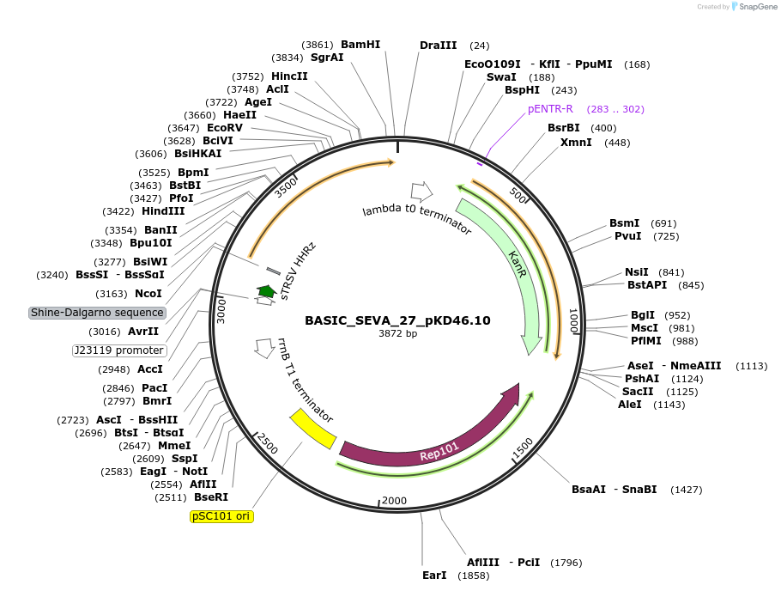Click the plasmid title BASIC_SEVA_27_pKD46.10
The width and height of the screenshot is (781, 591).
pyautogui.click(x=397, y=320)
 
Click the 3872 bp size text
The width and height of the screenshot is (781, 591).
pyautogui.click(x=397, y=334)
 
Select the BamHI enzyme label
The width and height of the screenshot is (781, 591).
pyautogui.click(x=360, y=45)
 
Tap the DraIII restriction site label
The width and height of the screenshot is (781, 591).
pyautogui.click(x=438, y=45)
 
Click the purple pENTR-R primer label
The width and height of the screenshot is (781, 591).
pyautogui.click(x=550, y=109)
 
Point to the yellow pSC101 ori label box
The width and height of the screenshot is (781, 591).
pyautogui.click(x=221, y=516)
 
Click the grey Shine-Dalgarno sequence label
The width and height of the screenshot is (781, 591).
pyautogui.click(x=97, y=313)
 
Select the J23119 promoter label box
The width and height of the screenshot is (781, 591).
pyautogui.click(x=118, y=350)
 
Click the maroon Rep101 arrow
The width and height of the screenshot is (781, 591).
pyautogui.click(x=429, y=438)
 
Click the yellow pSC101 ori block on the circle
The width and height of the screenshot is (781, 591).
pyautogui.click(x=312, y=427)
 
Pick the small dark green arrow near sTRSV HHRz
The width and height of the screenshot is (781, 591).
pyautogui.click(x=266, y=292)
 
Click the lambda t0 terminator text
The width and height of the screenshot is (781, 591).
pyautogui.click(x=417, y=221)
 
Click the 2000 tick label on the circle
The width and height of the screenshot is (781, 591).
pyautogui.click(x=395, y=501)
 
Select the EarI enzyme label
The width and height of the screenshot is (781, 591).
pyautogui.click(x=434, y=575)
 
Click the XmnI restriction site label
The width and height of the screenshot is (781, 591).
pyautogui.click(x=576, y=143)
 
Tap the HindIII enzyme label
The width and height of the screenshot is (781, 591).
pyautogui.click(x=163, y=211)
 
